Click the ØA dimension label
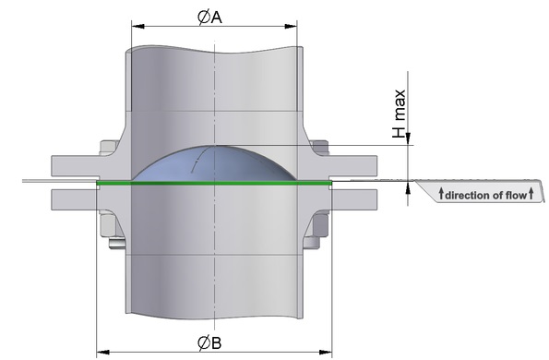coord(209,18)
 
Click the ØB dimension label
coord(209,342)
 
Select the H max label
coord(399,114)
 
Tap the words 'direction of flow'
coord(485,195)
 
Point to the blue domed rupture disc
coord(214,164)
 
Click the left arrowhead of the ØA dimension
coord(138,26)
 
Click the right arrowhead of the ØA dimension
coord(291,26)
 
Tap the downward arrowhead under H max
coord(408,139)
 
